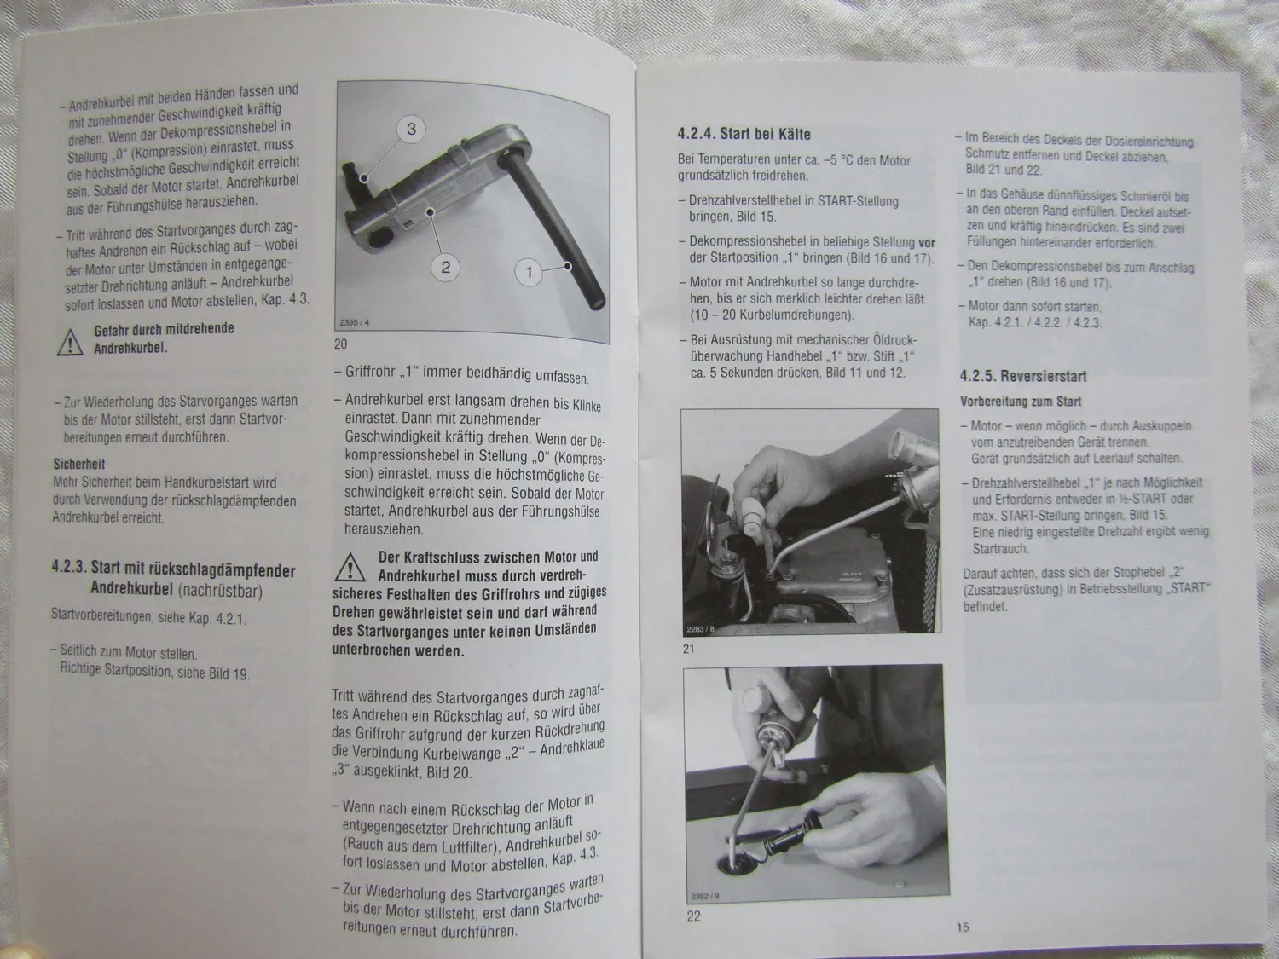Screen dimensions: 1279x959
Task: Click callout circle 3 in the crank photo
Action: (411, 129)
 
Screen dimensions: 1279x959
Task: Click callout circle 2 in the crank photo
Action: (445, 268)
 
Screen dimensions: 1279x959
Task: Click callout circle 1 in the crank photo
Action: (529, 272)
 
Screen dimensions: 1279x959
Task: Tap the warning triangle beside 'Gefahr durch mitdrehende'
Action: (70, 343)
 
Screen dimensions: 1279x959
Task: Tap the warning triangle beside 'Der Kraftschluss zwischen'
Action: (350, 568)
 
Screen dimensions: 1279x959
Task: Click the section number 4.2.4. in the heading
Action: (696, 133)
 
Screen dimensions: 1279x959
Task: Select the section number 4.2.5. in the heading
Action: (978, 376)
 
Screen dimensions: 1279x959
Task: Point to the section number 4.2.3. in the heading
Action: (69, 567)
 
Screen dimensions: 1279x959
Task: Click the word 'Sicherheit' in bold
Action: (79, 464)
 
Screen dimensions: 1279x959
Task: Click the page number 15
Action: (963, 927)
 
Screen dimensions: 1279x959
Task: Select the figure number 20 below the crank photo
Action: (340, 344)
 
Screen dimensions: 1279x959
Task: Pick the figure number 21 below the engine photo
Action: (688, 649)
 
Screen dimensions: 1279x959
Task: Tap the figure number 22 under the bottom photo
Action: (693, 916)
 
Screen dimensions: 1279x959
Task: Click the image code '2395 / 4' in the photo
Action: (354, 322)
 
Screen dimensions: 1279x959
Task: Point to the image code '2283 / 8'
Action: (700, 629)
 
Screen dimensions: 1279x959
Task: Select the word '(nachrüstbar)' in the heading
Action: (220, 591)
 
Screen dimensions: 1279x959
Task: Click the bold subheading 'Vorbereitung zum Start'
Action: (1021, 402)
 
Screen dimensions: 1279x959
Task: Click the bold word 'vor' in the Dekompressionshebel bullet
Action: (927, 243)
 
